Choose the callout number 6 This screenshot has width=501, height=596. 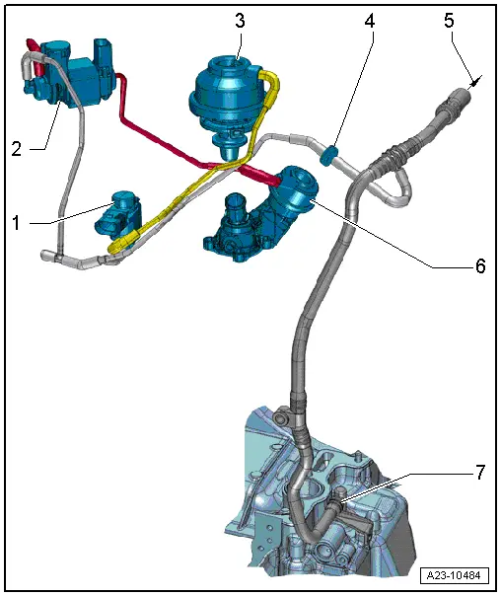click(x=479, y=267)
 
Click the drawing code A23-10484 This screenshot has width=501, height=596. click(x=453, y=575)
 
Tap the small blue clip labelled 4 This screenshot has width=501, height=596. click(x=330, y=154)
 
